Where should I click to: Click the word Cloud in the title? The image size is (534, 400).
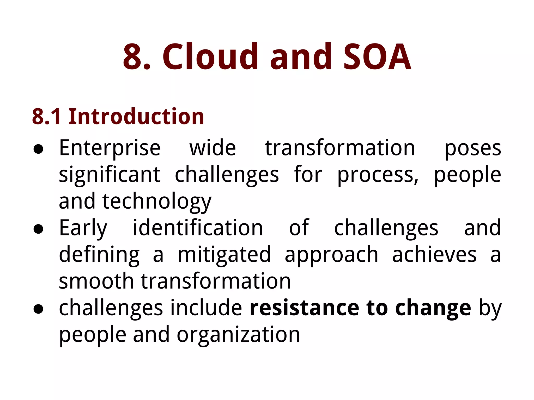(x=210, y=57)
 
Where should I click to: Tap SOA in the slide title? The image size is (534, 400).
(x=377, y=57)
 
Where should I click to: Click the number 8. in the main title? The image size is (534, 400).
(x=137, y=57)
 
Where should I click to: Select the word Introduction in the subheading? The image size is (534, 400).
(x=136, y=116)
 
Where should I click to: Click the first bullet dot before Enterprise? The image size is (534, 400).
(x=38, y=149)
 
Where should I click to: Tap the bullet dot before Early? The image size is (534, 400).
(x=38, y=229)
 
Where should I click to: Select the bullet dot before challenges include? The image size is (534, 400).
(x=38, y=309)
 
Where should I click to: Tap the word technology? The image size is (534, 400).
(x=157, y=202)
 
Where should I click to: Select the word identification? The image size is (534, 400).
(x=198, y=228)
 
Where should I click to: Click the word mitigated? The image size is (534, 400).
(x=224, y=255)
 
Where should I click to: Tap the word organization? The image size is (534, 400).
(x=238, y=335)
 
